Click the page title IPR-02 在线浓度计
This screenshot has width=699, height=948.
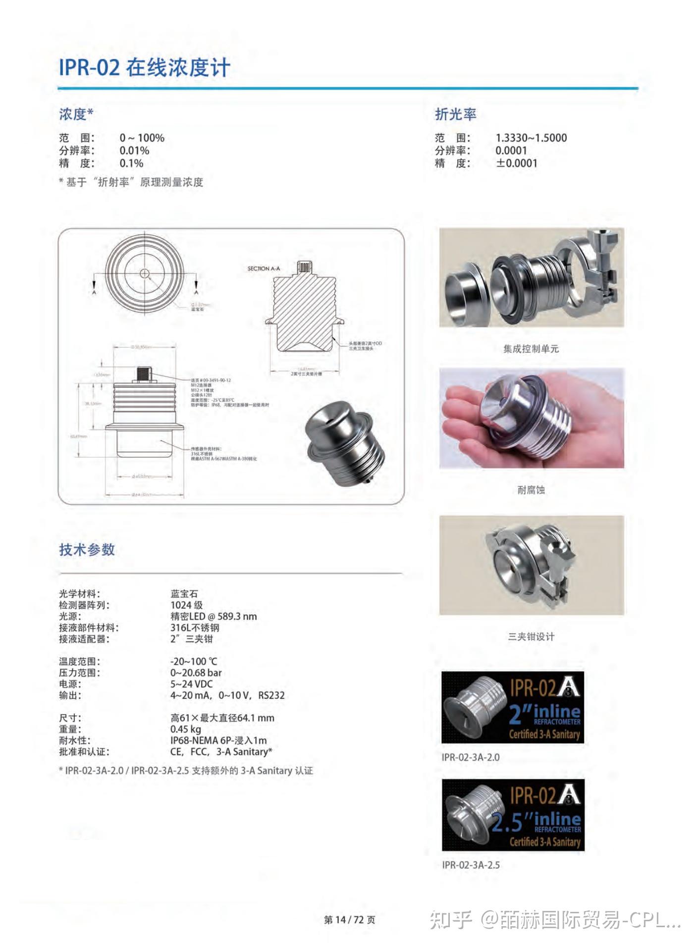click(x=144, y=67)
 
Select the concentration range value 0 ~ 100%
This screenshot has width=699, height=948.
click(x=142, y=138)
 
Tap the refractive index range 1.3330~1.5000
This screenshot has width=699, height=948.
click(x=531, y=138)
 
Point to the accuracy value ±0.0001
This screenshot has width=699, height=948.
click(x=516, y=163)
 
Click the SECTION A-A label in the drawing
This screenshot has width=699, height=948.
click(x=264, y=268)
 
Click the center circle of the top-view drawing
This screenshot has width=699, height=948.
click(x=144, y=273)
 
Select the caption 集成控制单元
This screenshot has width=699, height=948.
click(x=531, y=349)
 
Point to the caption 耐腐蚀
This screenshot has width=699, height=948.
click(x=531, y=490)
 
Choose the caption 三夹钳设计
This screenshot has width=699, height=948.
click(x=531, y=636)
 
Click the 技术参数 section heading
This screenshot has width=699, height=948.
click(x=87, y=549)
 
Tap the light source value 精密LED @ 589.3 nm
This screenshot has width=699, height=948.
click(x=214, y=616)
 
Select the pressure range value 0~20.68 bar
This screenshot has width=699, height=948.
click(x=196, y=673)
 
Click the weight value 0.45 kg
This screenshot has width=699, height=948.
click(x=185, y=729)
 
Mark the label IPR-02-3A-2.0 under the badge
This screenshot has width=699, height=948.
click(x=471, y=757)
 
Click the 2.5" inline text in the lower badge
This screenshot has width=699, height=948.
click(x=535, y=821)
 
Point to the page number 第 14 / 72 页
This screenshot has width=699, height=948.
click(x=349, y=920)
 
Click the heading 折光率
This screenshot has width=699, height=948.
click(x=455, y=114)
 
